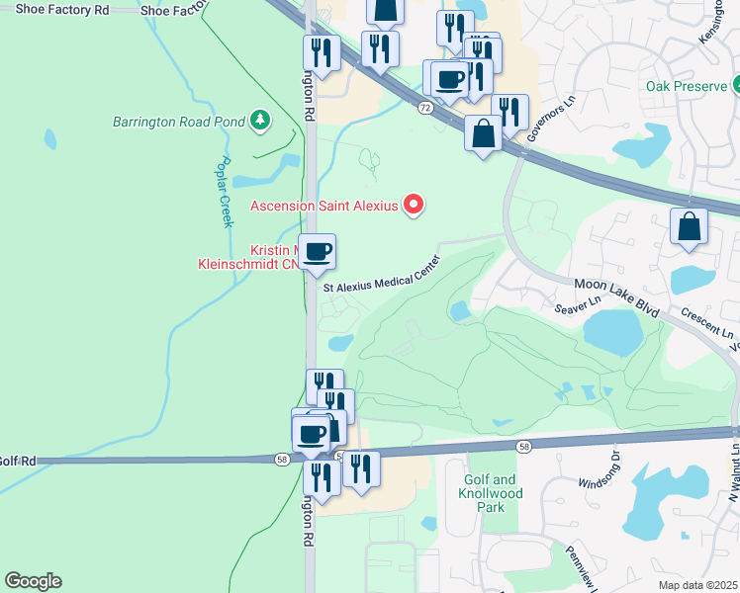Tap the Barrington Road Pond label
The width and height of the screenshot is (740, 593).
tap(178, 122)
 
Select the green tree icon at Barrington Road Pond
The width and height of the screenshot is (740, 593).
tap(260, 121)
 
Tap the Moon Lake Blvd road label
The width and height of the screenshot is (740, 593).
tap(617, 296)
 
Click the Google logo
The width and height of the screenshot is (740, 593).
tap(33, 581)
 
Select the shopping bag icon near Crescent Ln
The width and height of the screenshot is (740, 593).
tap(690, 227)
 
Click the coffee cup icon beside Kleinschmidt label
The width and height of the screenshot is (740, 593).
tap(318, 251)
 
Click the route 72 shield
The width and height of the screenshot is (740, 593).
tap(423, 107)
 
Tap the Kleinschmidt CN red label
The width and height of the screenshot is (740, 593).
tap(252, 266)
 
